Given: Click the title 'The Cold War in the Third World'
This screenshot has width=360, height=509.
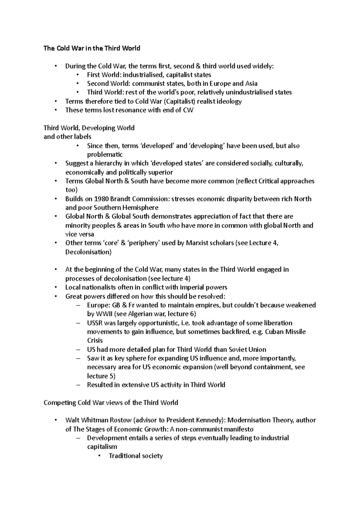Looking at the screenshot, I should (x=92, y=48).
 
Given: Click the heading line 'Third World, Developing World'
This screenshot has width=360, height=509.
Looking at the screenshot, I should (x=89, y=128).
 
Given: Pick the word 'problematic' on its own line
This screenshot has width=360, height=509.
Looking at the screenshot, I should (x=105, y=155).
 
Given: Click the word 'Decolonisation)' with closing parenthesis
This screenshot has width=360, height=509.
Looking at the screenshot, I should (x=88, y=252).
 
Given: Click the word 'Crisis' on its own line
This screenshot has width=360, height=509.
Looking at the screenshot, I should (x=95, y=341).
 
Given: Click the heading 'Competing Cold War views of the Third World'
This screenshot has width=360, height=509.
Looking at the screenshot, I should (x=111, y=403).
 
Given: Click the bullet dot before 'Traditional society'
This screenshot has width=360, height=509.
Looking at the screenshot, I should (x=100, y=456).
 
